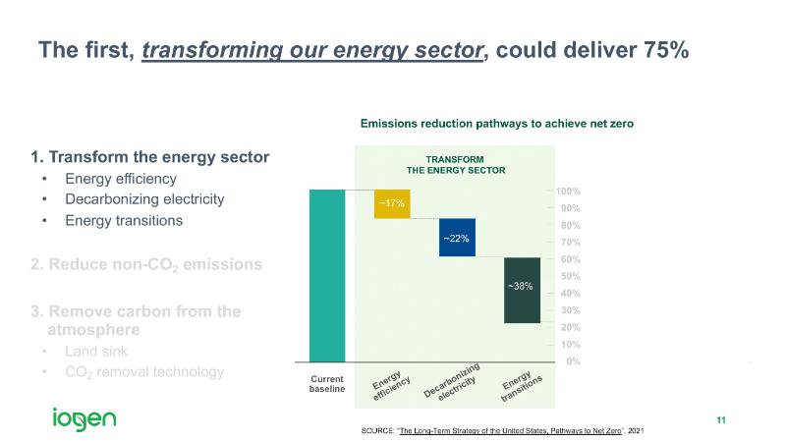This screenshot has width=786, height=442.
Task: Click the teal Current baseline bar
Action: (326, 275)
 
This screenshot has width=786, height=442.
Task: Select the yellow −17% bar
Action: (392, 203)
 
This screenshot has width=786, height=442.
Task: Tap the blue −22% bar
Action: (457, 238)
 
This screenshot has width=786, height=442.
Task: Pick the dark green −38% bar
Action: (522, 289)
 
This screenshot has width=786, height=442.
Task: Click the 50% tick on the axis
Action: (568, 276)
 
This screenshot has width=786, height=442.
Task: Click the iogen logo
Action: (84, 419)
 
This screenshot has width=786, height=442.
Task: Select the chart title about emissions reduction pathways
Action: (497, 124)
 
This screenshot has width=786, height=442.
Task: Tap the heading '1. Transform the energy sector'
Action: (150, 157)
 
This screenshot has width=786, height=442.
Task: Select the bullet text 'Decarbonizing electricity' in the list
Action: (144, 199)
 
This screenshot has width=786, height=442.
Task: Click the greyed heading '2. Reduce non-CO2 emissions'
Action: (146, 265)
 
